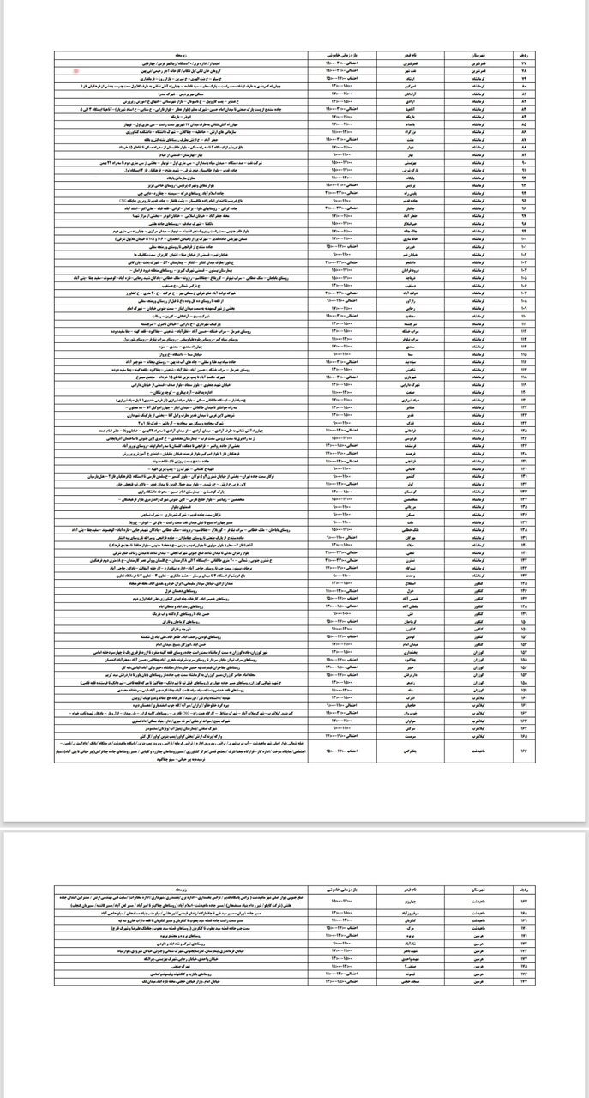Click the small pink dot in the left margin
pyautogui.click(x=76, y=72)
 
